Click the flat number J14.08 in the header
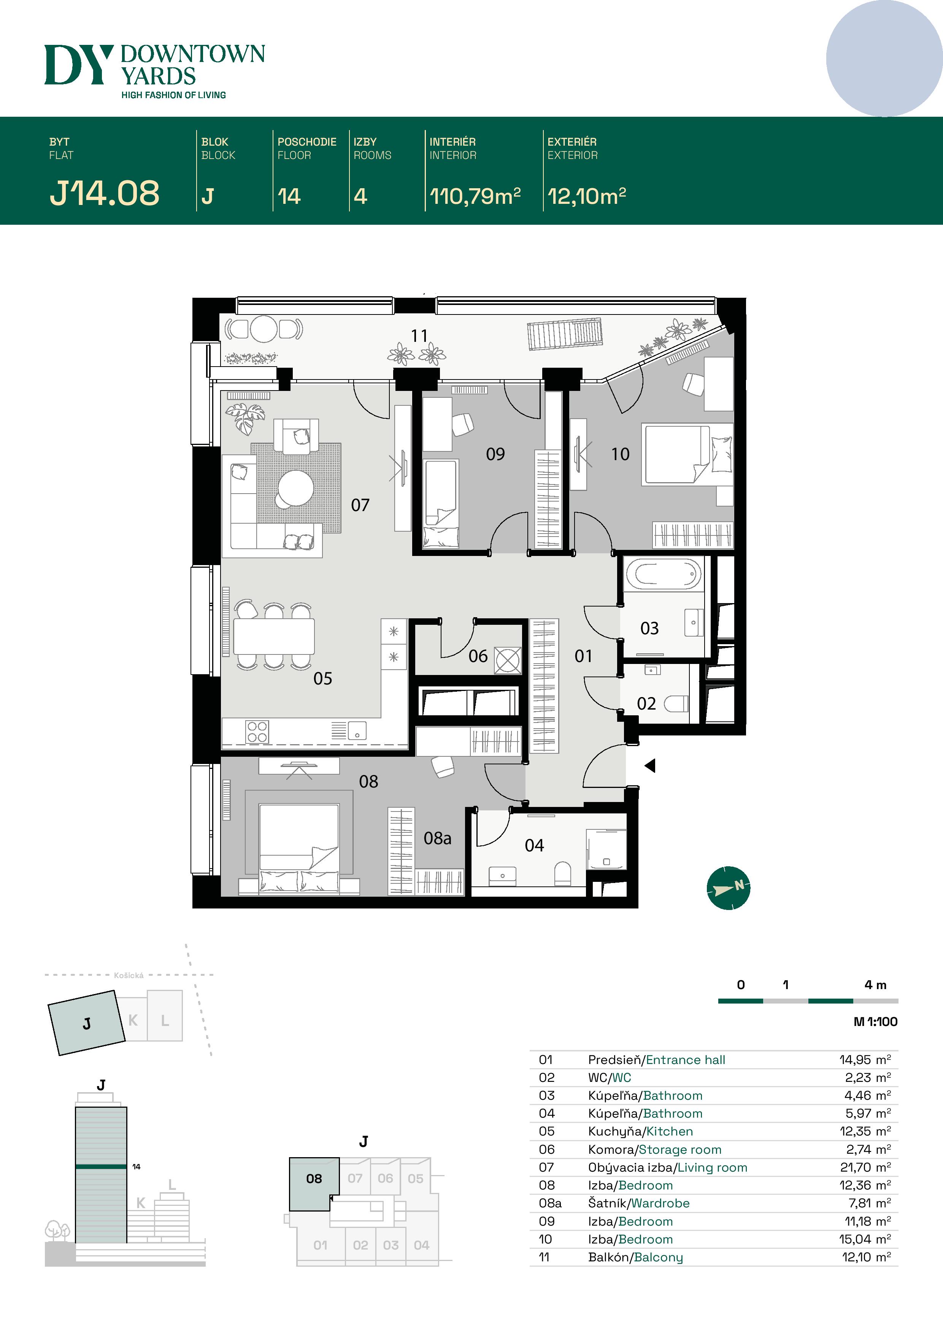click(105, 193)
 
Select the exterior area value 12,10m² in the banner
click(587, 196)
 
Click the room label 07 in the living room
click(360, 505)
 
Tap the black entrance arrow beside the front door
click(650, 766)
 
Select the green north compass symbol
click(729, 888)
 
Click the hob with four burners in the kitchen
click(257, 732)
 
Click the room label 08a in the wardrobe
click(438, 839)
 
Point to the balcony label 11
click(419, 336)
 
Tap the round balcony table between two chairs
click(264, 329)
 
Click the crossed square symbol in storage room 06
click(508, 661)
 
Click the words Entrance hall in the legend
click(686, 1060)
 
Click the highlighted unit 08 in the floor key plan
click(314, 1178)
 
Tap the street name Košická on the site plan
click(129, 975)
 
